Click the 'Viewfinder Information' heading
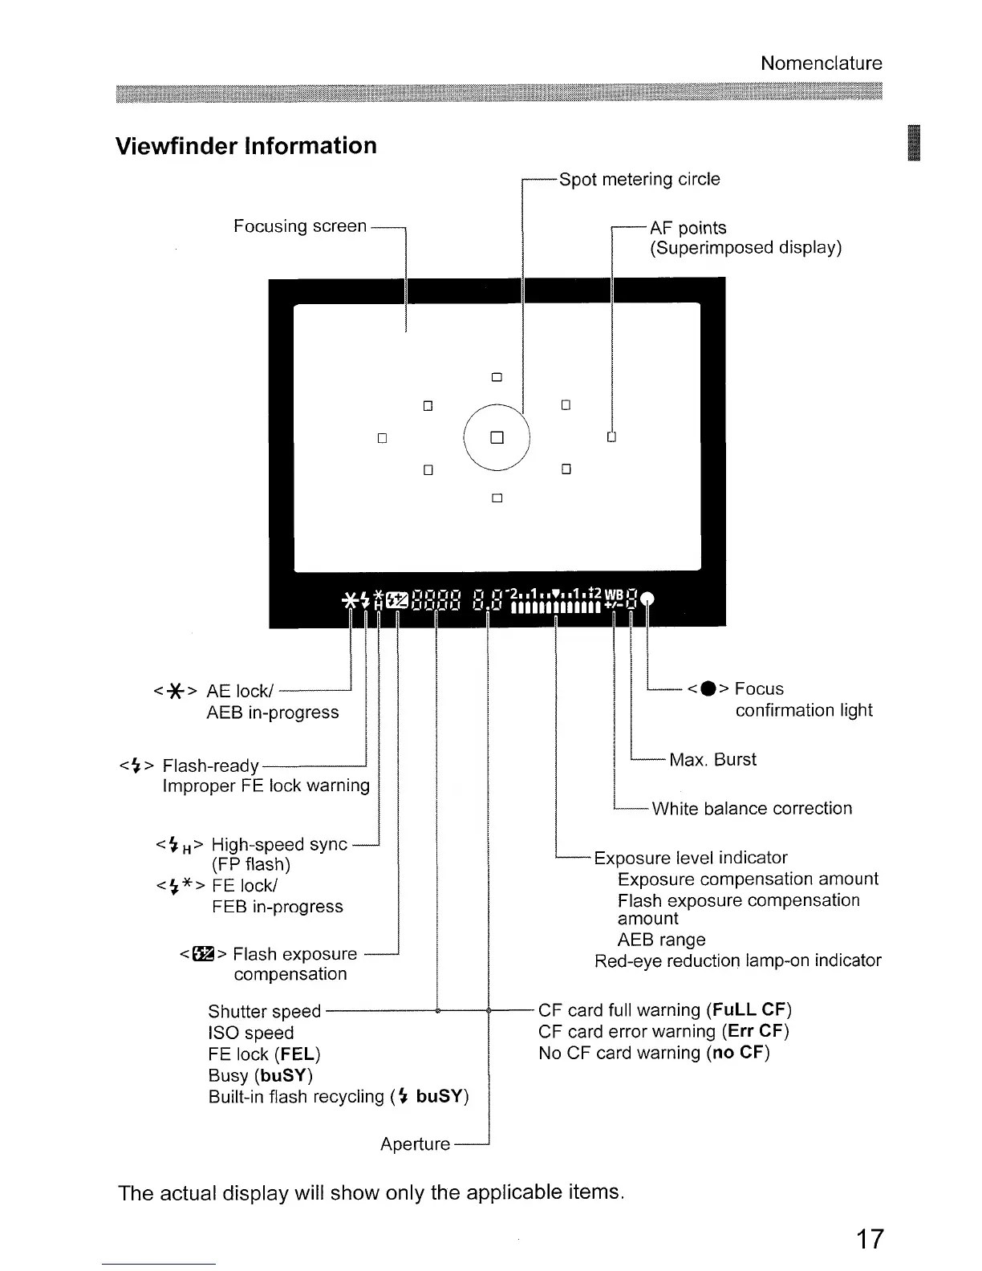[x=246, y=146]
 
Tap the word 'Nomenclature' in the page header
[x=821, y=63]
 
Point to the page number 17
[x=869, y=1239]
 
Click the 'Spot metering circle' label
[x=639, y=179]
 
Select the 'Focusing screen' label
[x=299, y=226]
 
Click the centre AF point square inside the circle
[x=497, y=438]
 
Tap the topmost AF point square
[x=497, y=377]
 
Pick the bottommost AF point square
[x=497, y=498]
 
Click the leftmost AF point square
[x=382, y=438]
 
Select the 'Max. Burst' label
[x=712, y=760]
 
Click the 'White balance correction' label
[x=752, y=809]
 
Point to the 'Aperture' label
[x=415, y=1144]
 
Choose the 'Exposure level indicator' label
[x=691, y=858]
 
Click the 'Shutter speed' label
[x=264, y=1011]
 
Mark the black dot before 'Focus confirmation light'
[x=707, y=689]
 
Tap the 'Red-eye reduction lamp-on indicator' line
[x=737, y=960]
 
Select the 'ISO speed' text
[x=250, y=1033]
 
